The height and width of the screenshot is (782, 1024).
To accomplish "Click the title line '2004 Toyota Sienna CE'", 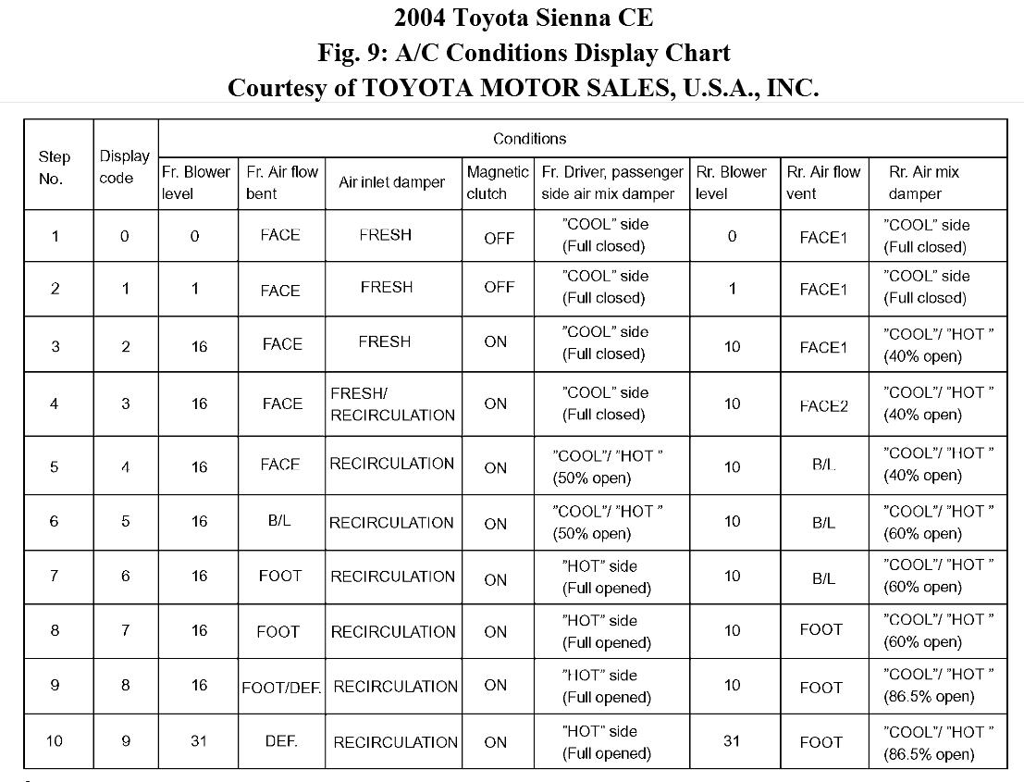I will pyautogui.click(x=523, y=18).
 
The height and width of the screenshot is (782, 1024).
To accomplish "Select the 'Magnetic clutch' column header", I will pyautogui.click(x=497, y=182).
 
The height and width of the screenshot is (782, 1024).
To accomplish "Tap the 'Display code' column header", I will pyautogui.click(x=125, y=168).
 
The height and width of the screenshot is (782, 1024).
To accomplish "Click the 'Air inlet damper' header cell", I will pyautogui.click(x=392, y=182).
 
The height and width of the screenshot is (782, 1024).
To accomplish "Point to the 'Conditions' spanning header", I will pyautogui.click(x=529, y=139).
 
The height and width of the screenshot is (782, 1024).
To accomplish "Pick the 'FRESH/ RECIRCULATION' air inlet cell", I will pyautogui.click(x=392, y=404).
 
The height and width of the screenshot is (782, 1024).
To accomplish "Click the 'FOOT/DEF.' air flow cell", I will pyautogui.click(x=281, y=688).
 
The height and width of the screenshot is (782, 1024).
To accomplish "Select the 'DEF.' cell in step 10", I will pyautogui.click(x=281, y=741).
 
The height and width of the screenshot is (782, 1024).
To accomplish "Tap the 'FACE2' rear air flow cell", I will pyautogui.click(x=823, y=404).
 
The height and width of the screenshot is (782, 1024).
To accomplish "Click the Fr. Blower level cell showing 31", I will pyautogui.click(x=198, y=741).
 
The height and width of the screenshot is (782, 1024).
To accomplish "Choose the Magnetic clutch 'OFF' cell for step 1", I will pyautogui.click(x=499, y=237).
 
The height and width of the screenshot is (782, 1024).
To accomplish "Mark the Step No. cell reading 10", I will pyautogui.click(x=55, y=741).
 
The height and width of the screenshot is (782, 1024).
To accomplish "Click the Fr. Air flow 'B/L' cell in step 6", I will pyautogui.click(x=279, y=521).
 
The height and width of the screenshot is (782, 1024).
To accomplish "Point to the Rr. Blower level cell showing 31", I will pyautogui.click(x=733, y=741).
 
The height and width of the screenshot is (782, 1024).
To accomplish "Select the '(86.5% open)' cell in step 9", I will pyautogui.click(x=937, y=686).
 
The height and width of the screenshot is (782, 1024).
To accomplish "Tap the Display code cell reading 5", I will pyautogui.click(x=125, y=521).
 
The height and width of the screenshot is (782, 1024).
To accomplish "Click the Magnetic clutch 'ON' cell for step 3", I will pyautogui.click(x=496, y=342).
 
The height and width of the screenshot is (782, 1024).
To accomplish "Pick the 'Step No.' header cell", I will pyautogui.click(x=55, y=168).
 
